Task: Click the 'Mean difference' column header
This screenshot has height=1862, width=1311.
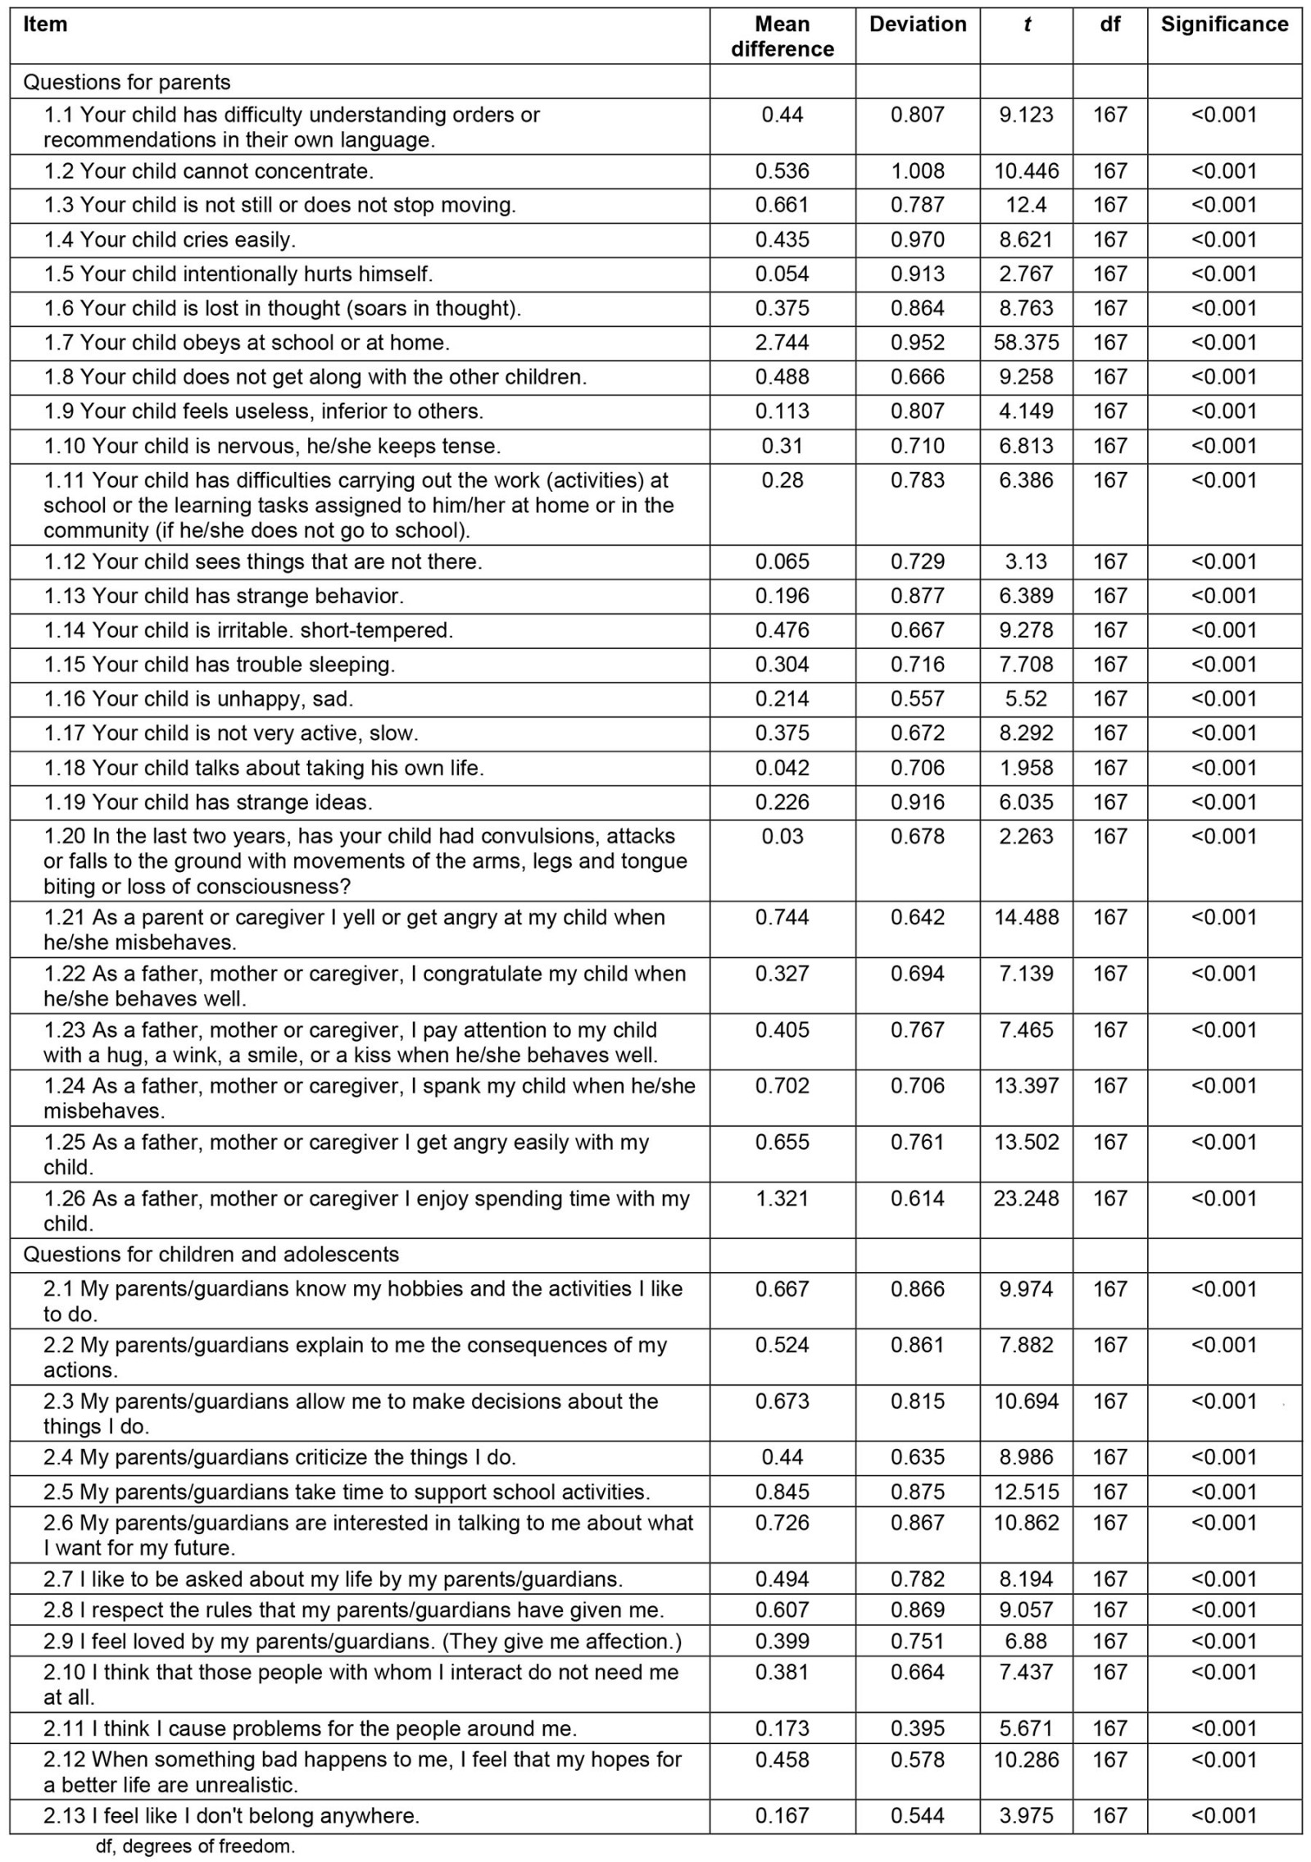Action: point(782,37)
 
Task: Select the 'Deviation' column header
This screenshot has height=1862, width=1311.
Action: point(917,25)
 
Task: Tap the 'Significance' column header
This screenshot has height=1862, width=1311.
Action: point(1223,25)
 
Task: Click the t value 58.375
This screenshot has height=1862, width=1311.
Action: point(1026,343)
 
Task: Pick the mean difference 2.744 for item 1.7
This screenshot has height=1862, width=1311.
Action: point(782,343)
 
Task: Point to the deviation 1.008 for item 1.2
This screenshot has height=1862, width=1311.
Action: point(917,171)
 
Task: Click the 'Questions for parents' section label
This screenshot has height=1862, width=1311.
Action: point(127,82)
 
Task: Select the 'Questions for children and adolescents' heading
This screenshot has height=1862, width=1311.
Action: point(211,1255)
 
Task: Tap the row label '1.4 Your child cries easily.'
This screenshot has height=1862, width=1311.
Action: point(170,240)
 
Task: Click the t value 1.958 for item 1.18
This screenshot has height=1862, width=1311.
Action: point(1026,768)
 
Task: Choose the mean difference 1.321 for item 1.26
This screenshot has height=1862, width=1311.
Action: point(782,1199)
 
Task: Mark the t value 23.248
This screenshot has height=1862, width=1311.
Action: point(1026,1199)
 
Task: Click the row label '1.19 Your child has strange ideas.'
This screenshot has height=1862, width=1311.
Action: point(208,802)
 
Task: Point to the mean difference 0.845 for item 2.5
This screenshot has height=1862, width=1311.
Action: point(782,1492)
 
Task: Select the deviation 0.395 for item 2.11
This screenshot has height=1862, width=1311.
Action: point(917,1728)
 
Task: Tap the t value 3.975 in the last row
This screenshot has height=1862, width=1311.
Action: point(1026,1816)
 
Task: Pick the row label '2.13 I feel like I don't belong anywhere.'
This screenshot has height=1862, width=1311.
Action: point(231,1816)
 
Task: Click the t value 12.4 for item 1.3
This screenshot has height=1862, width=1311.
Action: point(1026,206)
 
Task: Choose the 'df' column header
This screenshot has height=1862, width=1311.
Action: point(1109,25)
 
